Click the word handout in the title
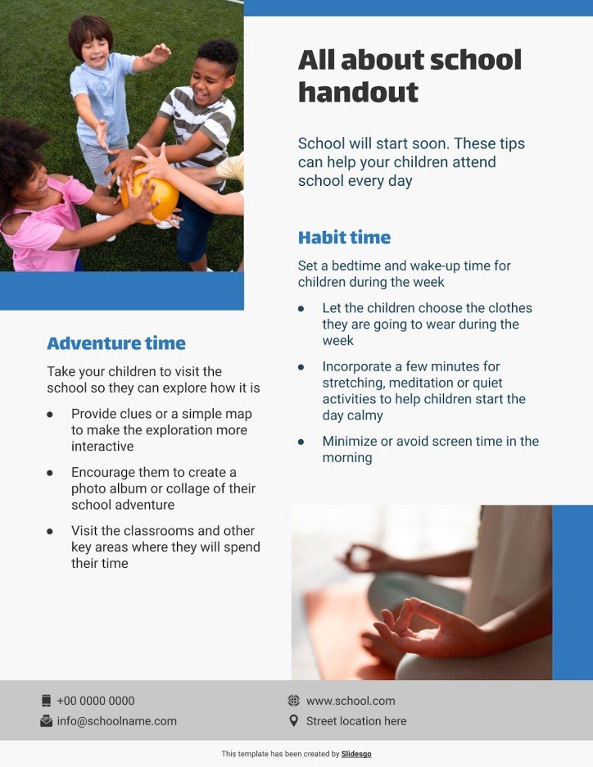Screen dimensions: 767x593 pyautogui.click(x=358, y=92)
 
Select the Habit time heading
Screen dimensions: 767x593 pyautogui.click(x=344, y=238)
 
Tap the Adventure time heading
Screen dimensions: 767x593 pyautogui.click(x=116, y=343)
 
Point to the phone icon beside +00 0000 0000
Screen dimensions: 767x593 pyautogui.click(x=46, y=701)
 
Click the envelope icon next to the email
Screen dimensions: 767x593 pyautogui.click(x=46, y=721)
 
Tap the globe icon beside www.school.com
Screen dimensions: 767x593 pyautogui.click(x=294, y=701)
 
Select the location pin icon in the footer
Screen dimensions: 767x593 pyautogui.click(x=294, y=721)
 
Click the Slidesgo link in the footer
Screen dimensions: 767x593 pyautogui.click(x=356, y=754)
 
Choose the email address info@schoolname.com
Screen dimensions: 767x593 pyautogui.click(x=116, y=721)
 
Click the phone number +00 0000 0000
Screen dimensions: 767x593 pyautogui.click(x=96, y=701)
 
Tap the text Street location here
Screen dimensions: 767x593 pyautogui.click(x=356, y=721)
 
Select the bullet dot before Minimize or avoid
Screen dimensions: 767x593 pyautogui.click(x=301, y=442)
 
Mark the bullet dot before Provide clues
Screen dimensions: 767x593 pyautogui.click(x=50, y=415)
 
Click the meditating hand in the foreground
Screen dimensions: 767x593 pyautogui.click(x=426, y=631)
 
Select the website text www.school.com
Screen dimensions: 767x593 pyautogui.click(x=351, y=701)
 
